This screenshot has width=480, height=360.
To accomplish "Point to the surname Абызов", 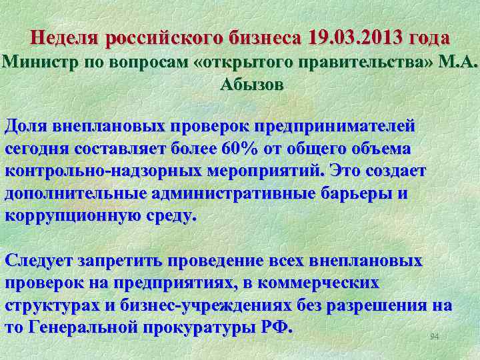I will pos(251,85).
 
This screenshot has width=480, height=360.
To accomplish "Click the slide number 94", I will pos(435,337).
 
